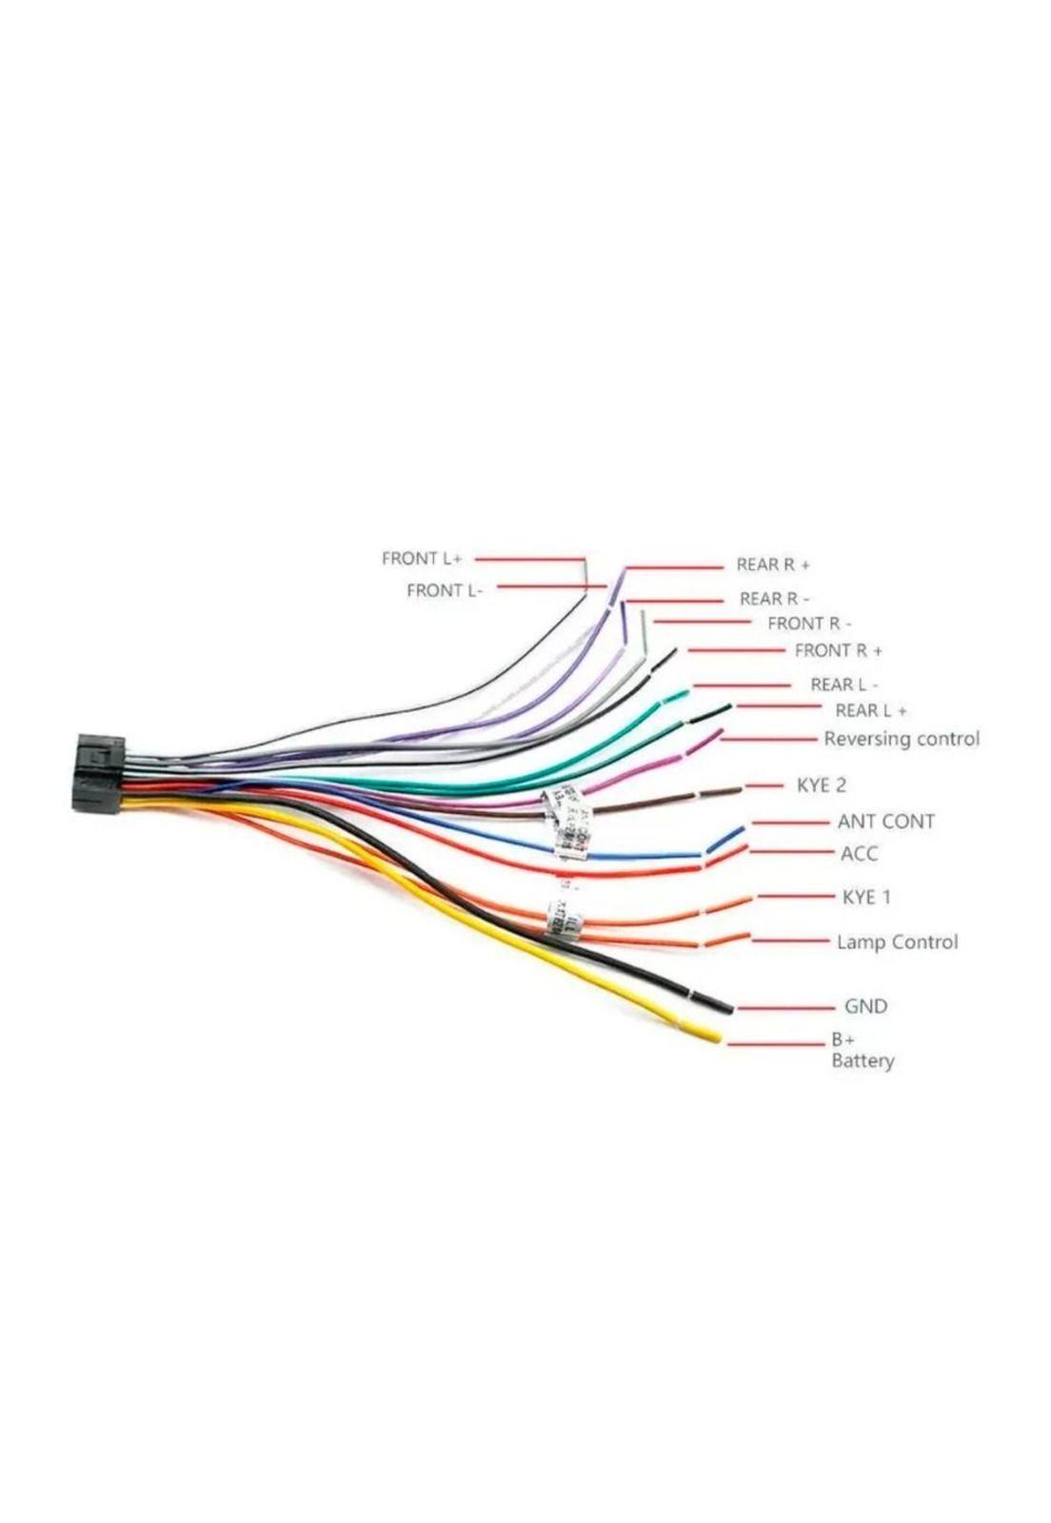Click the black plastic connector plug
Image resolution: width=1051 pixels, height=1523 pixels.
98,772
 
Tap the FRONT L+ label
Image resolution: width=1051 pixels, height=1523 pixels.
421,559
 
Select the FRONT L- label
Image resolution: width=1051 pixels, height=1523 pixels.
445,590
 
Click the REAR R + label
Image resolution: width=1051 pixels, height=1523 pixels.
772,564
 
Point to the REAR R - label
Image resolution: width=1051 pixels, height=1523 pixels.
774,599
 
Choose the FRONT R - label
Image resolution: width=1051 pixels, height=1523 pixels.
809,623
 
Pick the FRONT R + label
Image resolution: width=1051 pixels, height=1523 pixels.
838,651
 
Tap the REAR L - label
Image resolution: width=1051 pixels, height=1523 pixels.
843,684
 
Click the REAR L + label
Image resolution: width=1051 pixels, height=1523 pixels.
870,710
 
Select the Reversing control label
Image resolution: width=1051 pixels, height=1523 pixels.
901,739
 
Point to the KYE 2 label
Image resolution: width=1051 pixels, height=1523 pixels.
821,785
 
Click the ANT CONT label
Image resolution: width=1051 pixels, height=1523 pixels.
885,821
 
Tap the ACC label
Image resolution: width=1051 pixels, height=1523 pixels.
859,854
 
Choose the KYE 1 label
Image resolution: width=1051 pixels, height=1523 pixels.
866,897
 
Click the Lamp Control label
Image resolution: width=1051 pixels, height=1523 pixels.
897,942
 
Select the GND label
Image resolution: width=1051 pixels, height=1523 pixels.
865,1006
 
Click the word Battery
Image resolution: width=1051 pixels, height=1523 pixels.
863,1060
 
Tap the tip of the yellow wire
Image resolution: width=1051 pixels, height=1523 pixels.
713,1037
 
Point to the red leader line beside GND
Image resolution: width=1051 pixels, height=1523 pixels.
784,1007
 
